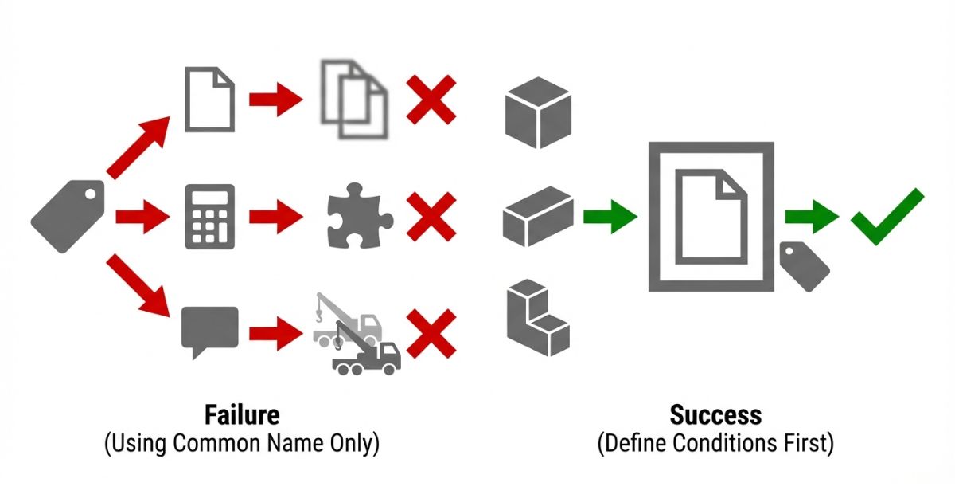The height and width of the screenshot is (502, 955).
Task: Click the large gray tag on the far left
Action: tap(67, 216)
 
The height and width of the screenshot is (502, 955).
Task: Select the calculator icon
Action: tap(209, 216)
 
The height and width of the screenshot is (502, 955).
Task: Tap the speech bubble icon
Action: tap(209, 331)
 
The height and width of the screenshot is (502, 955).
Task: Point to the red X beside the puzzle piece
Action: tap(431, 216)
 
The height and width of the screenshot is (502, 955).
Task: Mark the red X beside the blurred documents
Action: tap(431, 100)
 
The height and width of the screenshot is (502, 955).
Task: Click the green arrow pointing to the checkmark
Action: tap(811, 216)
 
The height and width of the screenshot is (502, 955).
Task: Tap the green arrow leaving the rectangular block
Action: tap(610, 216)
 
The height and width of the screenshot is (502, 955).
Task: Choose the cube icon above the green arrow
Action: tap(538, 112)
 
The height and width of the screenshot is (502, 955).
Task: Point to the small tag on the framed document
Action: tap(804, 266)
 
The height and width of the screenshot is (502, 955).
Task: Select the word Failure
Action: tap(241, 415)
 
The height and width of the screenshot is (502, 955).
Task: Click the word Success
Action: tap(715, 415)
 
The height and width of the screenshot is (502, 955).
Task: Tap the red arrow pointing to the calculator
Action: tap(143, 216)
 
